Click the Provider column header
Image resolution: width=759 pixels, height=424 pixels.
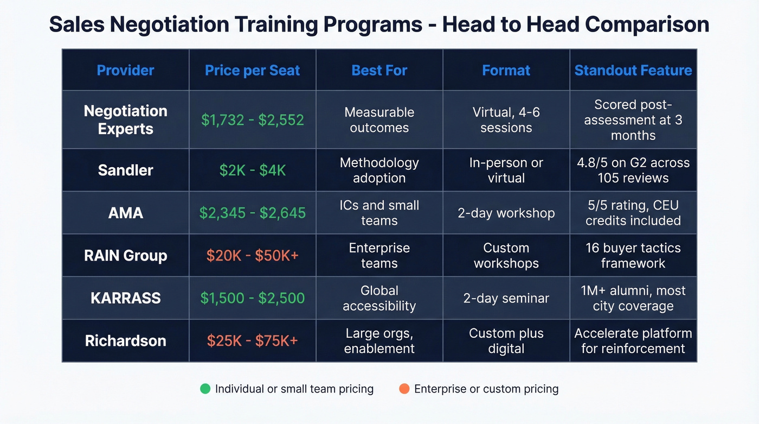coord(125,70)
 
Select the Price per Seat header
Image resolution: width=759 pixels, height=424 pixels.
coord(252,70)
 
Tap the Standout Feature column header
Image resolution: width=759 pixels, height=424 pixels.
coord(633,70)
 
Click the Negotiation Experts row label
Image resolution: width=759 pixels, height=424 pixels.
coord(125,119)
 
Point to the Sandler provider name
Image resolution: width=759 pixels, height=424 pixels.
coord(125,170)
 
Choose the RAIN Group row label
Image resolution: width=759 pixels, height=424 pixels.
coord(125,255)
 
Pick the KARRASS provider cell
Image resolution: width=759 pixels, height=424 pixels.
coord(125,298)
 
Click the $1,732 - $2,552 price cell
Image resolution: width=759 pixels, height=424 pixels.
coord(252,119)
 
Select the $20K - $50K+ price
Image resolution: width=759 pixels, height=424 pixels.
coord(252,255)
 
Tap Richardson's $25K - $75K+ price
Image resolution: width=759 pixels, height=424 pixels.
coord(252,340)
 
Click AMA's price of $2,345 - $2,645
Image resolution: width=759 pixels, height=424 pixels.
coord(252,213)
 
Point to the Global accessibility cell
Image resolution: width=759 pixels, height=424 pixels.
coord(379,298)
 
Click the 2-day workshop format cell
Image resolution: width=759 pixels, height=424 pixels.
coord(506,213)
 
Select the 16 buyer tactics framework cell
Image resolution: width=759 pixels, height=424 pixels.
coord(633,255)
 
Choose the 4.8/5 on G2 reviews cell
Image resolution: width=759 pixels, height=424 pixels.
coord(633,170)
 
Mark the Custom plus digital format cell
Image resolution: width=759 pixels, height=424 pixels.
coord(506,340)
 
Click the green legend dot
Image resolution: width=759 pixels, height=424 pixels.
coord(205,389)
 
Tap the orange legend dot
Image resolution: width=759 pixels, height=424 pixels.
coord(404,389)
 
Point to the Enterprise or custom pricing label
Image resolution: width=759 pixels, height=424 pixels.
coord(486,389)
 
